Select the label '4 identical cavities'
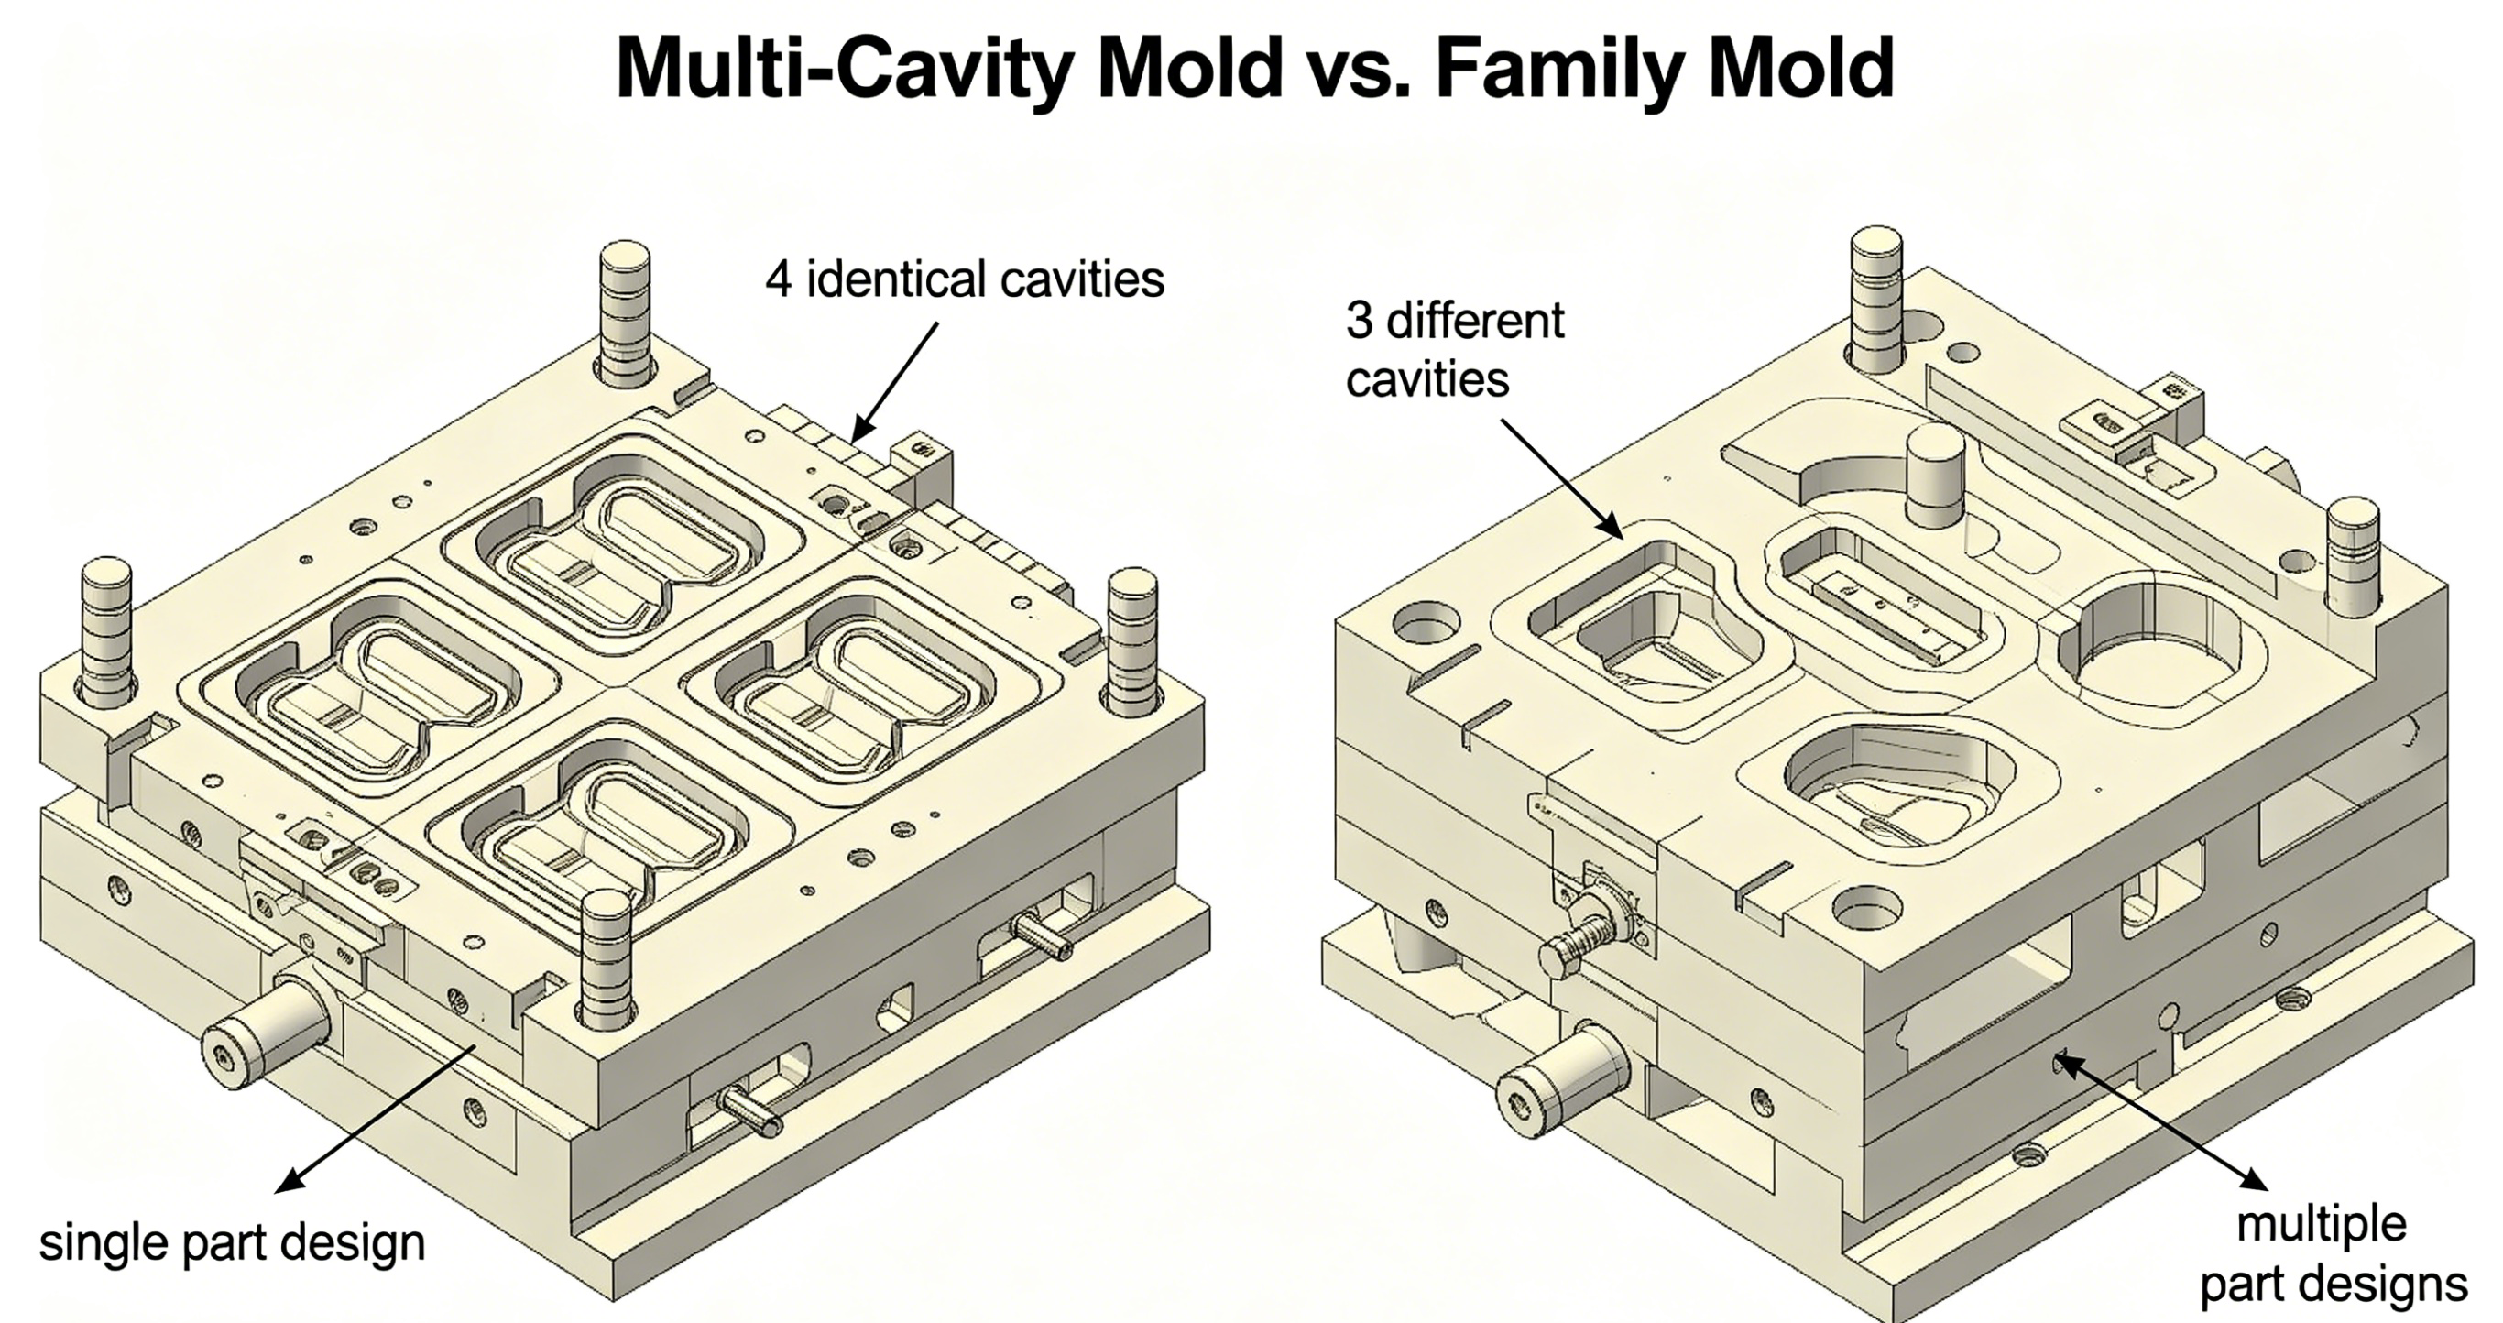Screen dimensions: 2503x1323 tap(964, 279)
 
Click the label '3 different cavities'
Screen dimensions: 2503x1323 tap(1455, 349)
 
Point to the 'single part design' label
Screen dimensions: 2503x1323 tap(232, 1242)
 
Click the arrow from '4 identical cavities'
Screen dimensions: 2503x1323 tap(895, 382)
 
